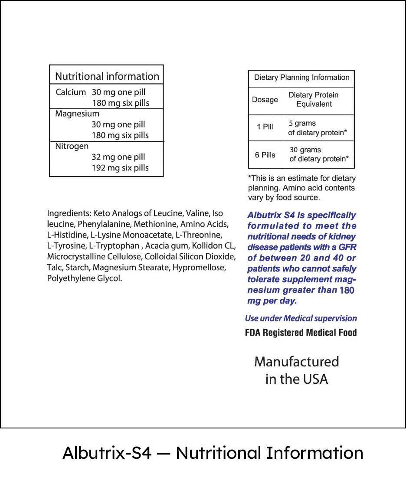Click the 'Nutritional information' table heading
(107, 76)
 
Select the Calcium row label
(71, 92)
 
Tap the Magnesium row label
(77, 114)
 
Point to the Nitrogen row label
(72, 146)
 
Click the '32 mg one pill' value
(118, 157)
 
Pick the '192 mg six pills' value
(120, 168)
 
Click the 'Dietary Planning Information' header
(301, 78)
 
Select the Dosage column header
(265, 100)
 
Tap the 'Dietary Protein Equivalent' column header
(314, 100)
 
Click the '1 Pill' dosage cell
(265, 127)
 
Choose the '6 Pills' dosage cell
(265, 155)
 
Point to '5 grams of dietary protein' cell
(317, 128)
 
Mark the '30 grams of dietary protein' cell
(318, 155)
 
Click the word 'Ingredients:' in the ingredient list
(69, 213)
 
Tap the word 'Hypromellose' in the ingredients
(199, 268)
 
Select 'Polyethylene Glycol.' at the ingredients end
(85, 278)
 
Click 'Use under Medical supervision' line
(301, 318)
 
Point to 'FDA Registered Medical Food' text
(301, 333)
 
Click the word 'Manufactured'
(297, 362)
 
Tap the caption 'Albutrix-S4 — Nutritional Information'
(213, 453)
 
